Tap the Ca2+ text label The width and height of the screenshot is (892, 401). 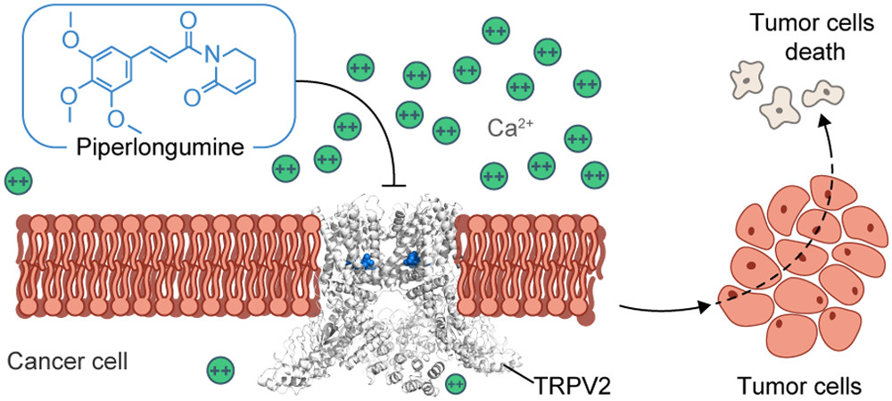tap(508, 128)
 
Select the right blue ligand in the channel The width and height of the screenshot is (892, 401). tap(413, 260)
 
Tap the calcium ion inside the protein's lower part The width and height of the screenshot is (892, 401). tap(454, 384)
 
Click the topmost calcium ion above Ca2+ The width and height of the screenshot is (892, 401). tap(496, 32)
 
